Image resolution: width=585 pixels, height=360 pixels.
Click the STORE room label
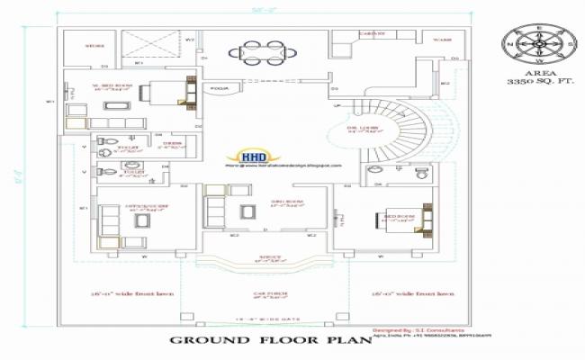(95, 44)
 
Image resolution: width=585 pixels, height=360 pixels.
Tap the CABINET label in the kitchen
(373, 34)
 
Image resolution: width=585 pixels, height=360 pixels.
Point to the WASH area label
(442, 40)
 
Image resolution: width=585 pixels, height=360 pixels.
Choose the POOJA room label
(219, 89)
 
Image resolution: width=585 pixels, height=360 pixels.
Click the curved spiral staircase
(403, 130)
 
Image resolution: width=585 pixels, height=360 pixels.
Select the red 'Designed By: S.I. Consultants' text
(418, 330)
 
